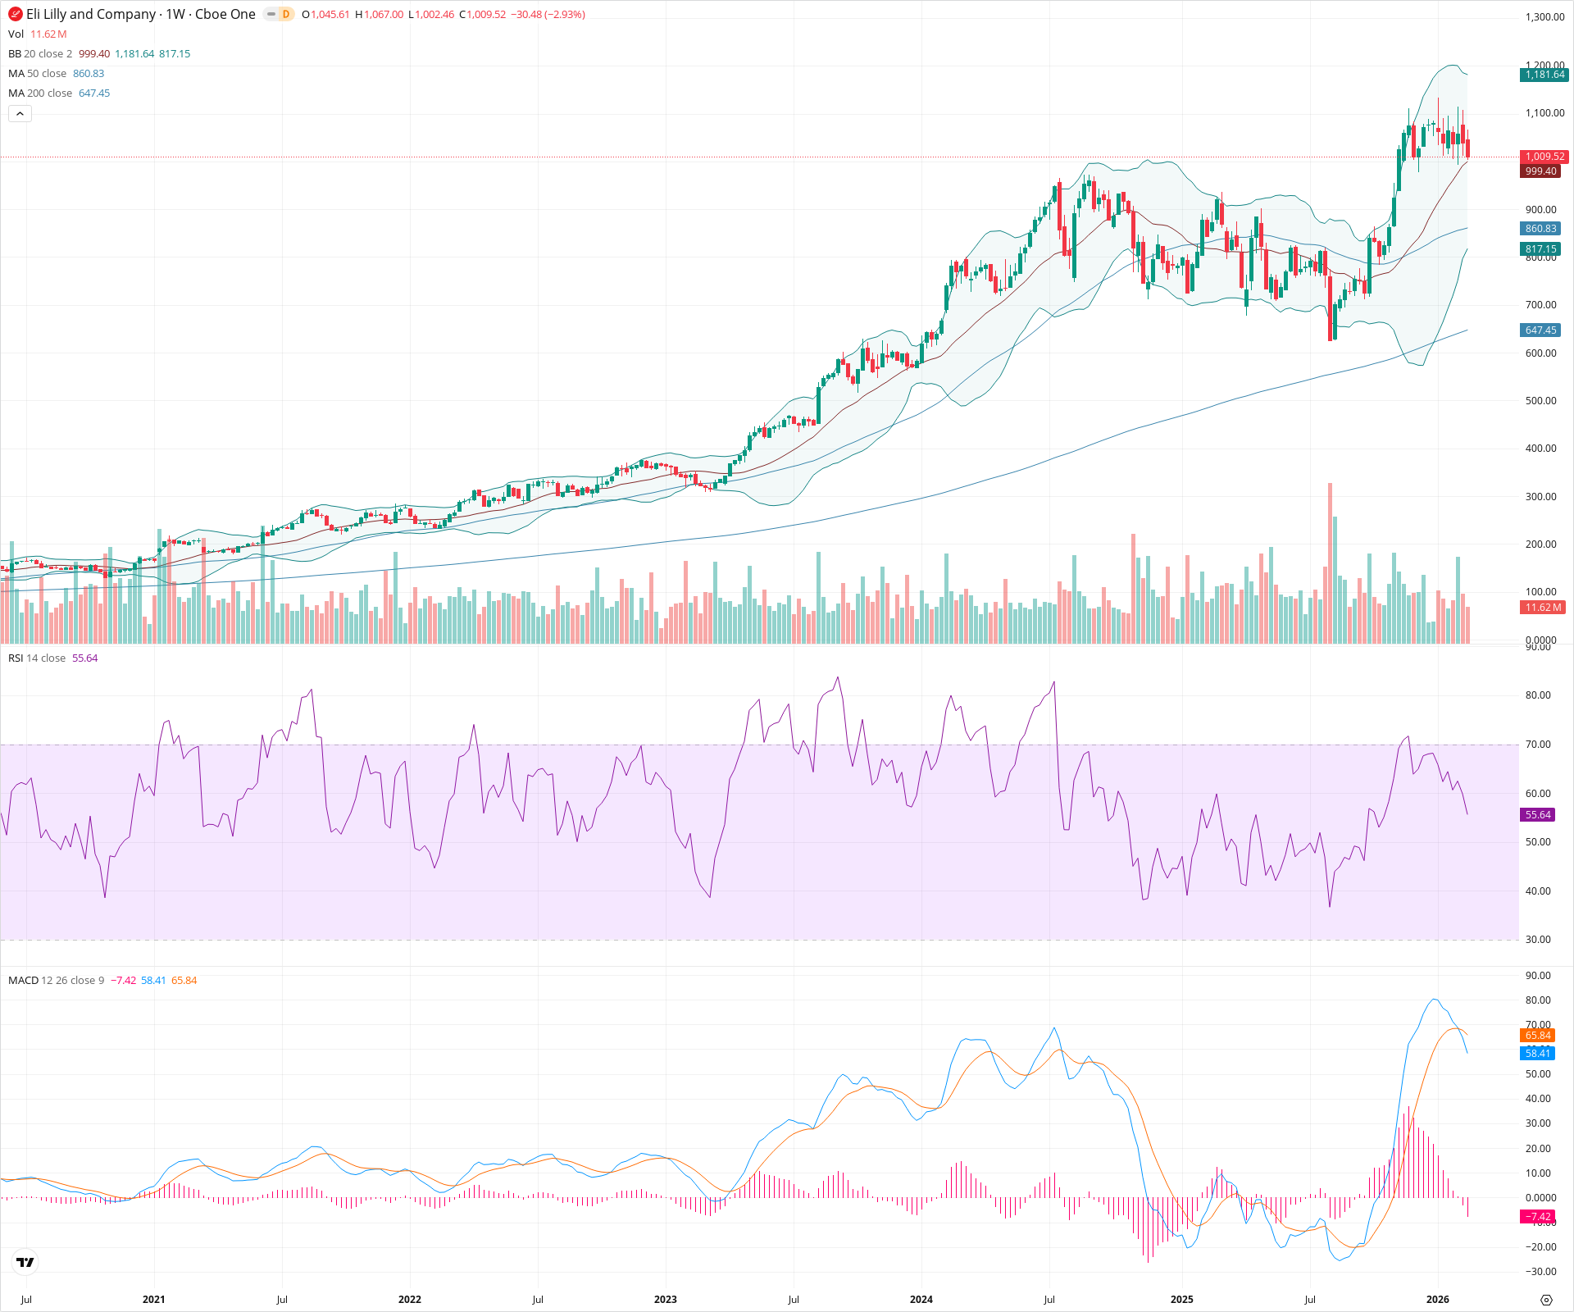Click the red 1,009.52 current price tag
[1544, 157]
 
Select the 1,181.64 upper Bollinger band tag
[1544, 75]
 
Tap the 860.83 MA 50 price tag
[1540, 229]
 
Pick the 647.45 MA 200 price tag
[1540, 330]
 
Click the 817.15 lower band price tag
[1540, 249]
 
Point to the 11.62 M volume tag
[1543, 608]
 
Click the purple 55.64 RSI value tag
[1538, 815]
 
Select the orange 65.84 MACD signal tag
[1538, 1036]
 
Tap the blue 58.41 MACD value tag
[1538, 1054]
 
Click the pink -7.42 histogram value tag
[1538, 1217]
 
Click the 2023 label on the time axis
[665, 1300]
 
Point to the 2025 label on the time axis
[1181, 1300]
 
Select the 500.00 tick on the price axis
[1540, 401]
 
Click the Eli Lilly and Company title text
[90, 14]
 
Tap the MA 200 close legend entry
[40, 93]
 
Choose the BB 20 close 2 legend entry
[40, 54]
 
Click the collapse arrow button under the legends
[20, 114]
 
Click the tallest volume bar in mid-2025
[1330, 566]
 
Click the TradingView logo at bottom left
[25, 1262]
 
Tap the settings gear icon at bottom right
[1546, 1300]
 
